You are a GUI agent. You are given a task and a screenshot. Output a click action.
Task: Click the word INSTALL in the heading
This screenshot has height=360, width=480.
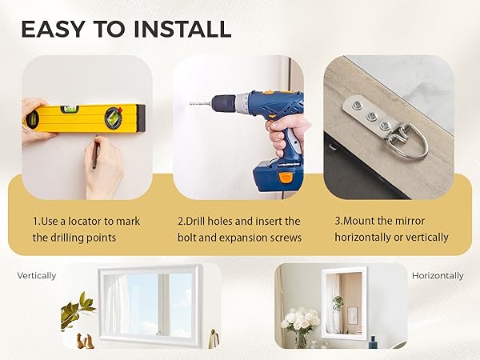(x=182, y=29)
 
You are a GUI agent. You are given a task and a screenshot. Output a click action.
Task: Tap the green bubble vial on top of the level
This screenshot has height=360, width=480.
(x=70, y=109)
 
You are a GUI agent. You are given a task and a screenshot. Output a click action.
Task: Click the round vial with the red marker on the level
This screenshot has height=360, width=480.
(x=114, y=118)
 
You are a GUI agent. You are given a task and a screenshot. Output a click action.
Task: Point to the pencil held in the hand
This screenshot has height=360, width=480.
(x=95, y=152)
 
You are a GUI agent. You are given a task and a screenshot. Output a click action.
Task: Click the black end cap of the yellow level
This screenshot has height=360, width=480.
(x=141, y=118)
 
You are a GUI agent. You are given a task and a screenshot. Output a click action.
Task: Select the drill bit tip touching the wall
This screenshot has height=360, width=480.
(x=191, y=104)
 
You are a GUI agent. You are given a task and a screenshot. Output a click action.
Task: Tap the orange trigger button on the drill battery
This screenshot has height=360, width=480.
(x=286, y=178)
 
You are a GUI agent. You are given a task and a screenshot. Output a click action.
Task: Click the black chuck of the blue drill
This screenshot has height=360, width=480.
(x=224, y=104)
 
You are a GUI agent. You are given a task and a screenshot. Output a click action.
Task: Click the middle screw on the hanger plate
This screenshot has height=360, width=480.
(x=370, y=116)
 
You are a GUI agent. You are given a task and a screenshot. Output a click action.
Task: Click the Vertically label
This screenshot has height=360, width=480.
(x=37, y=276)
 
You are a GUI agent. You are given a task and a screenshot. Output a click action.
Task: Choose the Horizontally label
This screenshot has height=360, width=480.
(x=438, y=276)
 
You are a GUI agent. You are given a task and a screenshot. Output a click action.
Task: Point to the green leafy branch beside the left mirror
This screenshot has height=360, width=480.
(x=77, y=309)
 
